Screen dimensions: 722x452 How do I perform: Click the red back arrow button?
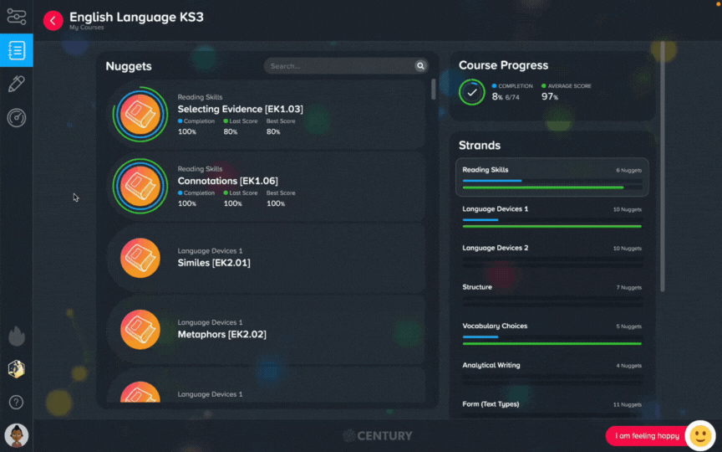coord(53,20)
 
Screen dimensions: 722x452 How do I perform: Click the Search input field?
coord(340,66)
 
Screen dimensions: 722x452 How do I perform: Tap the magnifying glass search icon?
coord(420,66)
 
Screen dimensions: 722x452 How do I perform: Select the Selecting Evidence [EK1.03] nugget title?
coord(241,109)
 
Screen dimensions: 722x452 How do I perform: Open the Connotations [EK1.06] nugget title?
coord(228,181)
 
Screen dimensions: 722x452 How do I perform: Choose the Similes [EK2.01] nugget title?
coord(214,263)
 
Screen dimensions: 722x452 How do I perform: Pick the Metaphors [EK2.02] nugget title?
coord(222,334)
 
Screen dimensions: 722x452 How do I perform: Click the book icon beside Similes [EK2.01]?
coord(140,258)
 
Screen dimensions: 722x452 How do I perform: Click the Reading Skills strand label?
coord(486,170)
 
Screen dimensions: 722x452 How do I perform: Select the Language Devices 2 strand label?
coord(496,248)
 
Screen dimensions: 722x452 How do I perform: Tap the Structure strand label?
coord(477,287)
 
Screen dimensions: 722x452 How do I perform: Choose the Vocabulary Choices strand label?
coord(495,326)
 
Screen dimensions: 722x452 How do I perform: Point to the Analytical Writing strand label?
coord(491,365)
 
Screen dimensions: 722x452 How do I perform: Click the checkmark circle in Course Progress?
coord(472,92)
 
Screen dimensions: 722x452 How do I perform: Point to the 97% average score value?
coord(550,96)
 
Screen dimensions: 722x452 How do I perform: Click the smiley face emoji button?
coord(700,435)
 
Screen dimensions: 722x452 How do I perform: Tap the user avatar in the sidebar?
coord(17,435)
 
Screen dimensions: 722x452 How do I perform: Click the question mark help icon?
coord(16,402)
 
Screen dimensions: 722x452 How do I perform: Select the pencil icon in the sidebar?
coord(16,84)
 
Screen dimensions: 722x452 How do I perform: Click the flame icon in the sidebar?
coord(17,336)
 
